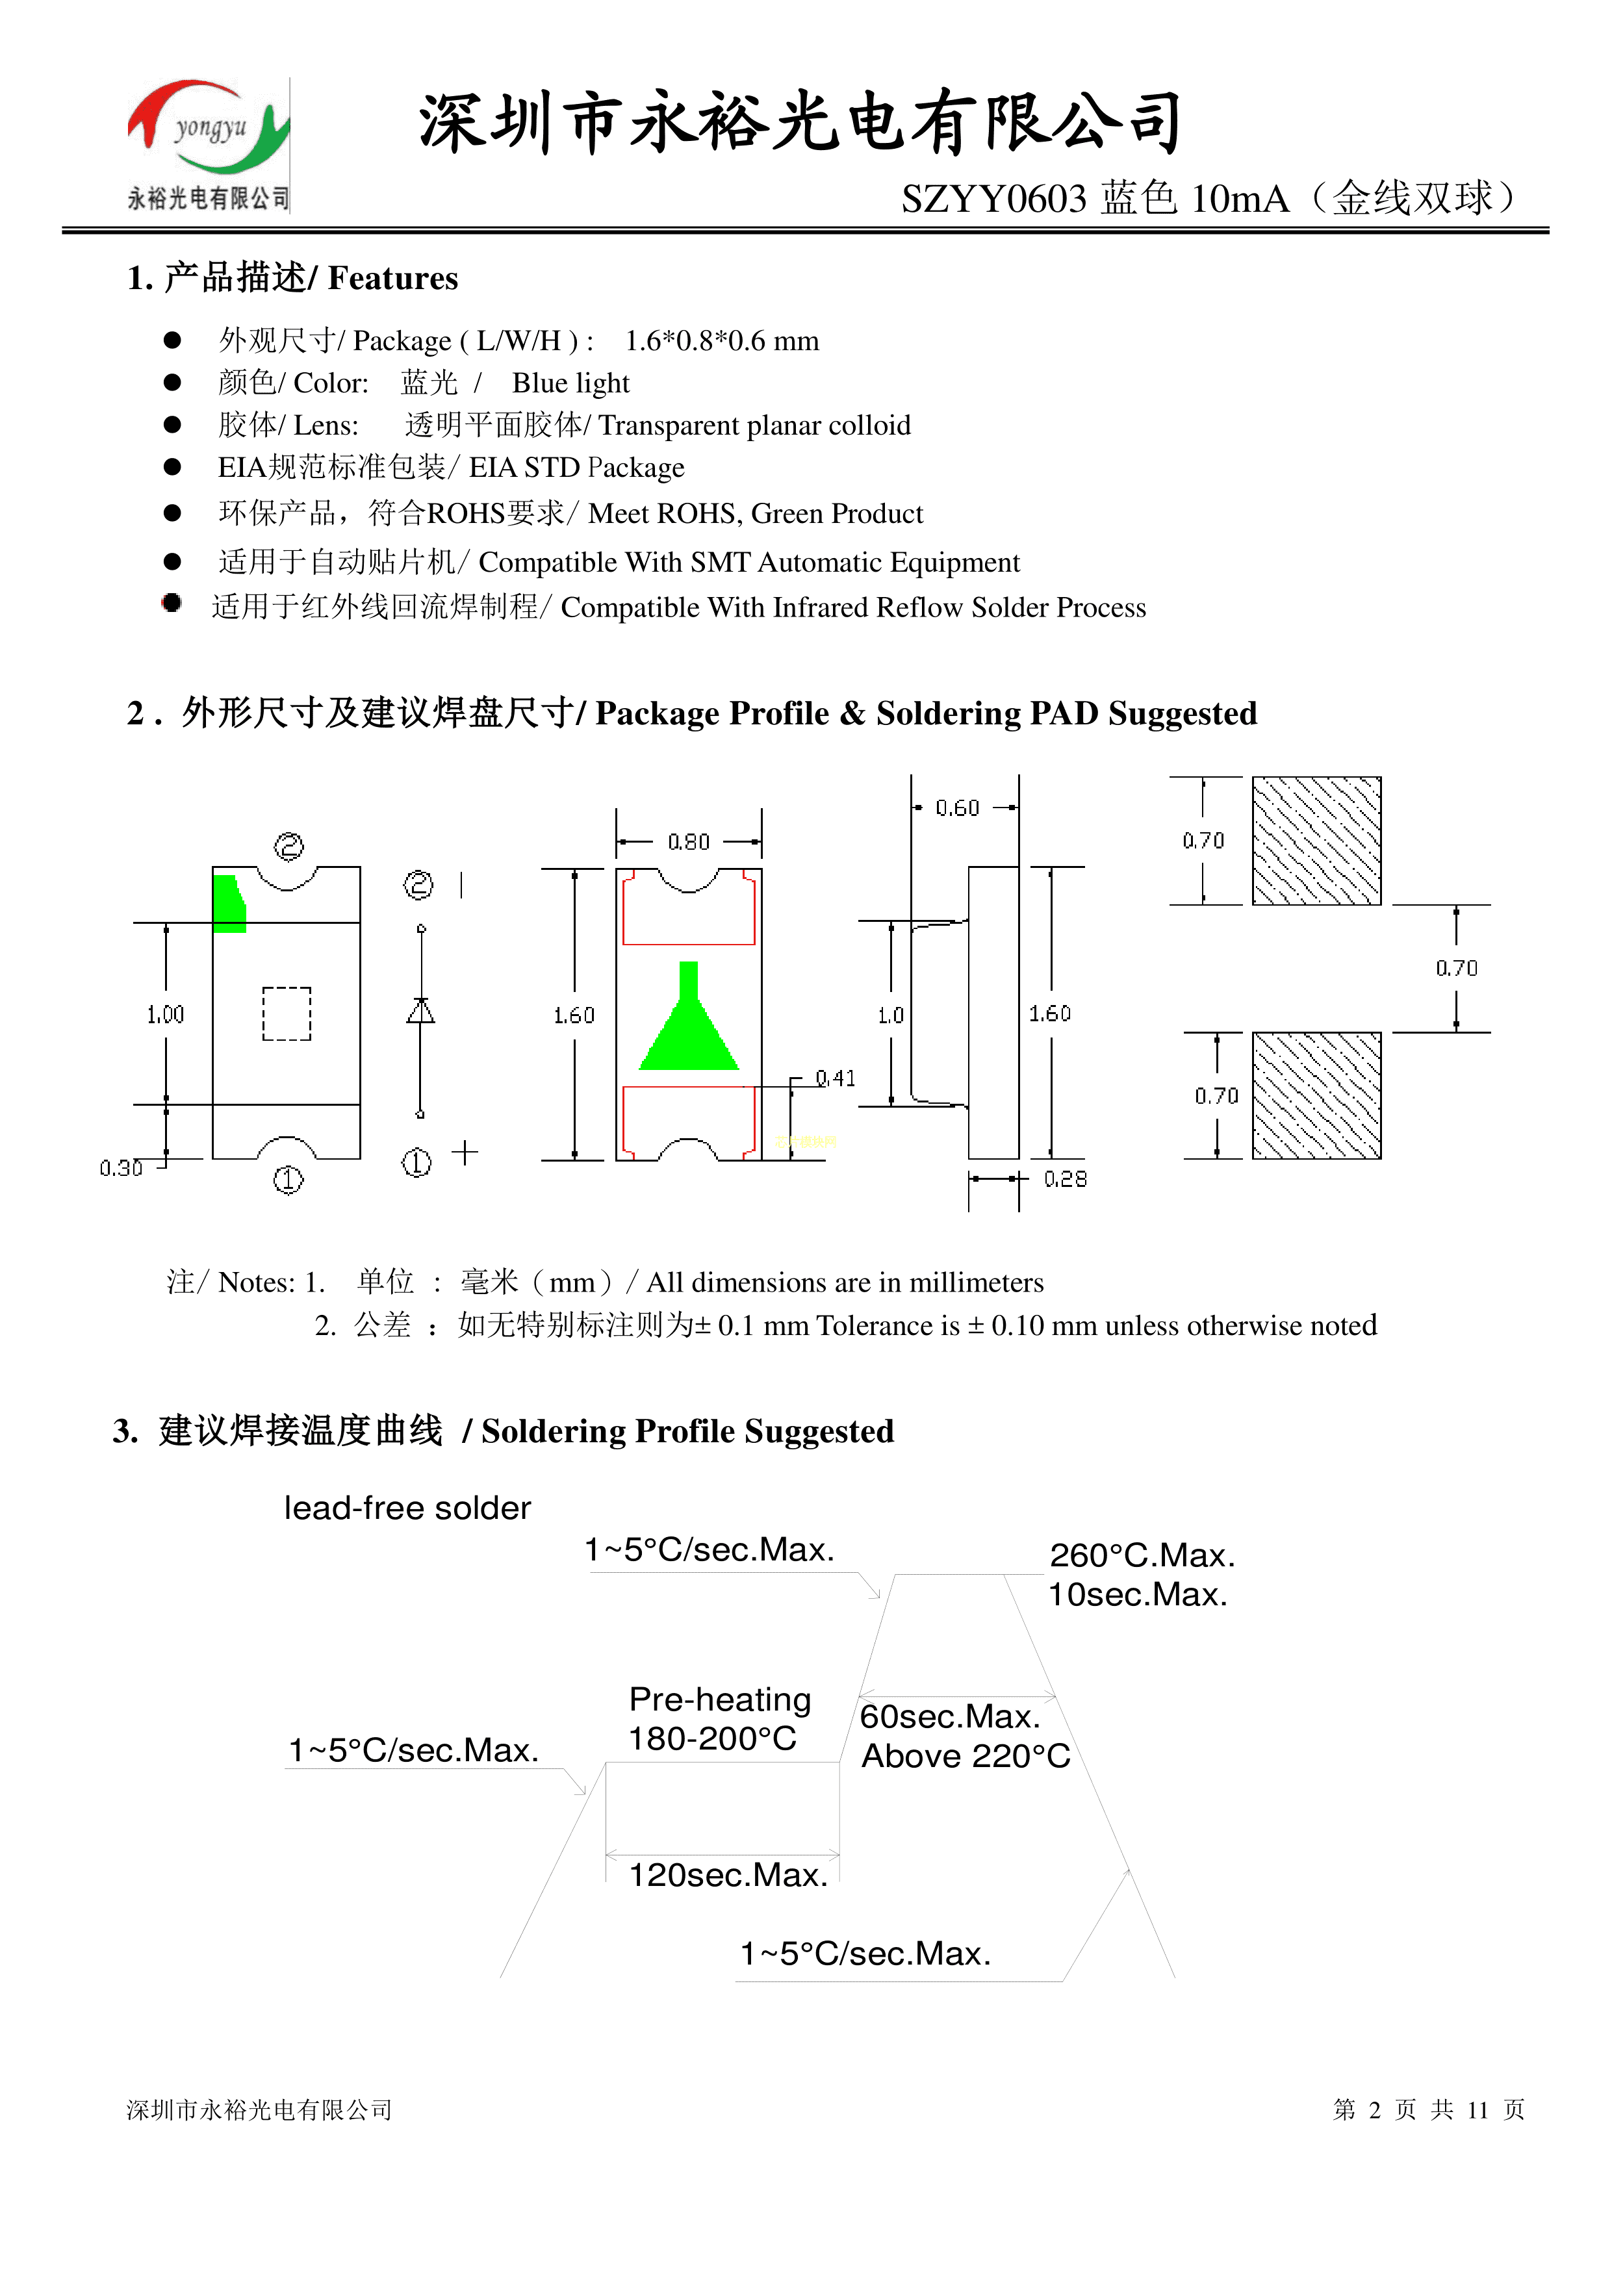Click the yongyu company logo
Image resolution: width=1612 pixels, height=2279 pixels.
tap(209, 144)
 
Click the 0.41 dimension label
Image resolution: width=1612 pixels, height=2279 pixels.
tap(835, 1078)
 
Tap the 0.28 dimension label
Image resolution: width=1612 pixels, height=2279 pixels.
tap(1065, 1179)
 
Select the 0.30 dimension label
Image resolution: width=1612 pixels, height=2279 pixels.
tap(121, 1168)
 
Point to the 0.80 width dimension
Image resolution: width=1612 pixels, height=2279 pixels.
tap(689, 842)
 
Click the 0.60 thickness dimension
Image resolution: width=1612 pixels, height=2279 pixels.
tap(958, 808)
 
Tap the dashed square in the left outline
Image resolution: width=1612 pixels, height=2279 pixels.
tap(287, 1013)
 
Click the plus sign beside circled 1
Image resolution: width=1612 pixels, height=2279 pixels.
tap(465, 1152)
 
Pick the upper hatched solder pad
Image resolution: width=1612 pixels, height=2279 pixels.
tap(1316, 841)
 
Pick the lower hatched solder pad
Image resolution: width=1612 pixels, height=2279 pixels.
tap(1316, 1096)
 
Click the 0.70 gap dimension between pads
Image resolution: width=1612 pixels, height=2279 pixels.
tap(1456, 968)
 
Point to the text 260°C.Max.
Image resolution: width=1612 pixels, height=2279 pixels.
tap(1142, 1555)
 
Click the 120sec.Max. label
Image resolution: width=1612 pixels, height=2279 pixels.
tap(728, 1875)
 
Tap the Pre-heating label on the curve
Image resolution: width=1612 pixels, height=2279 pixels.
tap(720, 1700)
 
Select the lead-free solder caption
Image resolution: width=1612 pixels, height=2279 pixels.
tap(407, 1509)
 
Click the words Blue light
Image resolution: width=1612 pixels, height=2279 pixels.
tap(570, 383)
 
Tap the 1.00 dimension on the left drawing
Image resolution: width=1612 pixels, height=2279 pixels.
tap(166, 1014)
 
